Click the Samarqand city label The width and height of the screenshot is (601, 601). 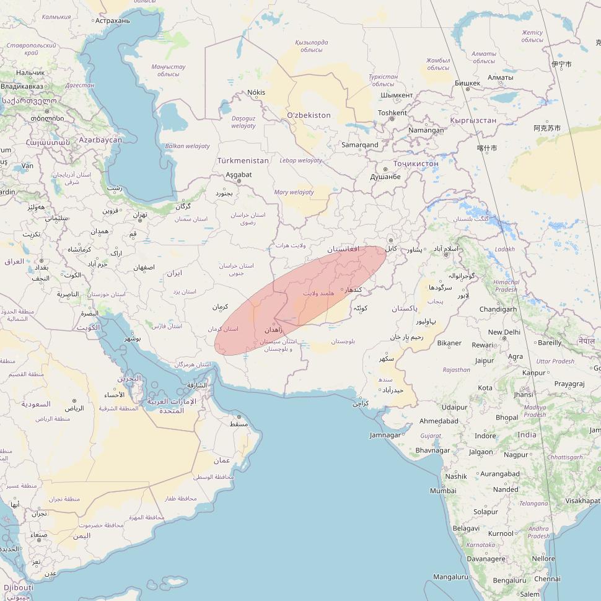(x=359, y=145)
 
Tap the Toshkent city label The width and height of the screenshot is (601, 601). (x=392, y=113)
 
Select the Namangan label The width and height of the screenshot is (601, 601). (x=426, y=130)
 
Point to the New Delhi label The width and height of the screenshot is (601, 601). (x=504, y=332)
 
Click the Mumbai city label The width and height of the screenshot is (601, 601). (x=443, y=491)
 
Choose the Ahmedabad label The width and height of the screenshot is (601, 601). (x=439, y=421)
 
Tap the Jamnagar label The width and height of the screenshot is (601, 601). (x=385, y=435)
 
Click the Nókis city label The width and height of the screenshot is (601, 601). (x=256, y=92)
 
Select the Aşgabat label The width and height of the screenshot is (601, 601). (x=239, y=175)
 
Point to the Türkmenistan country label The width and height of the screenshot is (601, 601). (x=243, y=160)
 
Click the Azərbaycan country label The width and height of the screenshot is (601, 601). (x=100, y=140)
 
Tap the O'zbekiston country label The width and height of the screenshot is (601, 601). (x=309, y=115)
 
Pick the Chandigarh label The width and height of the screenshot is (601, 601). (x=498, y=309)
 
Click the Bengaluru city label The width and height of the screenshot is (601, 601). (x=492, y=581)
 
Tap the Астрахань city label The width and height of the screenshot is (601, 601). (x=113, y=20)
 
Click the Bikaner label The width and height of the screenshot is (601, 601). (x=449, y=343)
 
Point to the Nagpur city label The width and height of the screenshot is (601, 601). (x=515, y=454)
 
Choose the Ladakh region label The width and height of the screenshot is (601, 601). (x=504, y=249)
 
